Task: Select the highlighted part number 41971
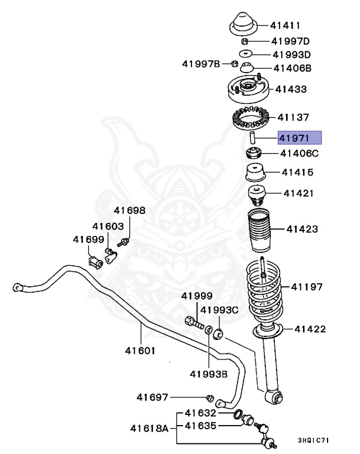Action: [x=300, y=138]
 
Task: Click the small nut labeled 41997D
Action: [x=244, y=41]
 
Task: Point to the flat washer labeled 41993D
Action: [x=245, y=54]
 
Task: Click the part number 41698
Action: [x=129, y=210]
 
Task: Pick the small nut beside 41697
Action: [x=209, y=397]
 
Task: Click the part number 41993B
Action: [x=208, y=373]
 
